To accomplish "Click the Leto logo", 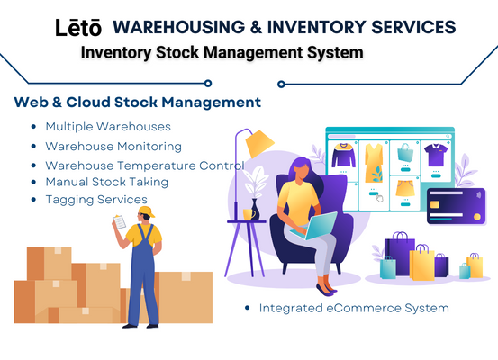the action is [x=78, y=28].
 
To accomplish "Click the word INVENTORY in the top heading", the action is [x=316, y=27].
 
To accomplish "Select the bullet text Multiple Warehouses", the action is [x=108, y=127].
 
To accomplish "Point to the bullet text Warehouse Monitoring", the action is [x=113, y=147].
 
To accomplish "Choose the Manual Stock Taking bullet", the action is [x=106, y=182].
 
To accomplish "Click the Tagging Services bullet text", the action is [x=96, y=200].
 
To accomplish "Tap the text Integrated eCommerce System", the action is [x=354, y=308].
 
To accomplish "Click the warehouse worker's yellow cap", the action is [x=147, y=211].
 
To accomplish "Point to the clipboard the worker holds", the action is [x=120, y=222].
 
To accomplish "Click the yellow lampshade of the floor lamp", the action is [x=259, y=143].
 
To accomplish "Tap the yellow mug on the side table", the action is [x=249, y=214].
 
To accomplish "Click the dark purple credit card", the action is [x=456, y=206].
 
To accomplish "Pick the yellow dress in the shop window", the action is [x=374, y=163].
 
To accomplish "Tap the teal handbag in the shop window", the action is [x=405, y=152].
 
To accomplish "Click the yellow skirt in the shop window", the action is [x=405, y=188].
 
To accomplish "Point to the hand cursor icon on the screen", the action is [x=379, y=198].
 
